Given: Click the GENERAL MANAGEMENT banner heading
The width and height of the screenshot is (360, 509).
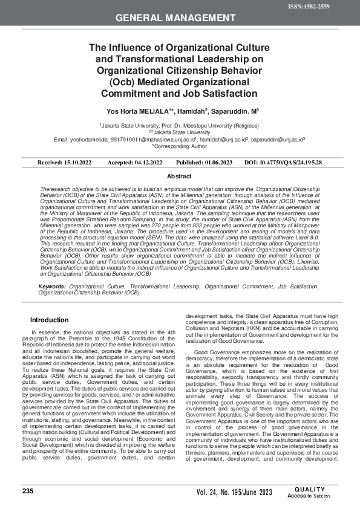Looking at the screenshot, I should [x=180, y=18].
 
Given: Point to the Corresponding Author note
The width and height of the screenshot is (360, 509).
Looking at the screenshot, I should [x=180, y=146].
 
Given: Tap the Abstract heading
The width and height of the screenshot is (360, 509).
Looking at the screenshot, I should [x=180, y=176].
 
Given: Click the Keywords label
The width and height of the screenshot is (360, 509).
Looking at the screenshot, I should [x=52, y=285].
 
